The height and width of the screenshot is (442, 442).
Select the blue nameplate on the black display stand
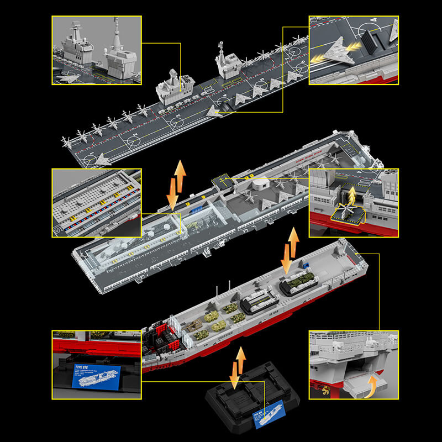[x=270, y=419]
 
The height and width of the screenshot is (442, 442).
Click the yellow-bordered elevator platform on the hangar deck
[x=221, y=180]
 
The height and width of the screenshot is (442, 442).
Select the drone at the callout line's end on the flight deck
[x=213, y=112]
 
